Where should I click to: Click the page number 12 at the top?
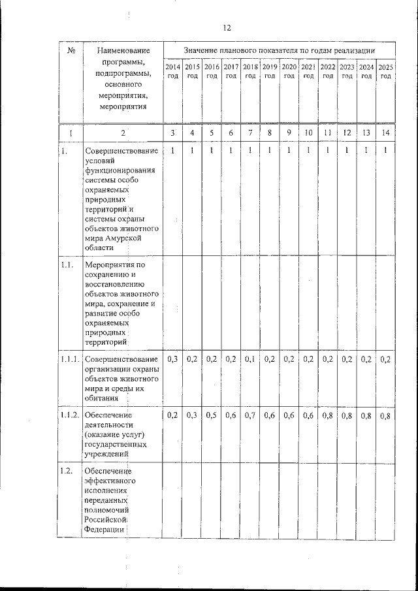(227, 27)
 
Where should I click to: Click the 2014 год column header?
(172, 71)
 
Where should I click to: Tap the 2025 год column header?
(386, 71)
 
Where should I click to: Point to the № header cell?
(70, 50)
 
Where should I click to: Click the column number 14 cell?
(386, 133)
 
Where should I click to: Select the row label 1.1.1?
(69, 359)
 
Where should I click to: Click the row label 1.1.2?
(69, 415)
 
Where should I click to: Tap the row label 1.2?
(65, 471)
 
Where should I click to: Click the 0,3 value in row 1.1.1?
(172, 359)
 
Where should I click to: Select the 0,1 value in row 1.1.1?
(250, 359)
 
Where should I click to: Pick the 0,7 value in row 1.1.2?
(250, 415)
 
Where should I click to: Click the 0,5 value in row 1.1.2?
(211, 415)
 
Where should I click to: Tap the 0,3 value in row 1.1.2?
(192, 415)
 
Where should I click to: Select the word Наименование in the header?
(122, 50)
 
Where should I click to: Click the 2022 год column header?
(328, 71)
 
